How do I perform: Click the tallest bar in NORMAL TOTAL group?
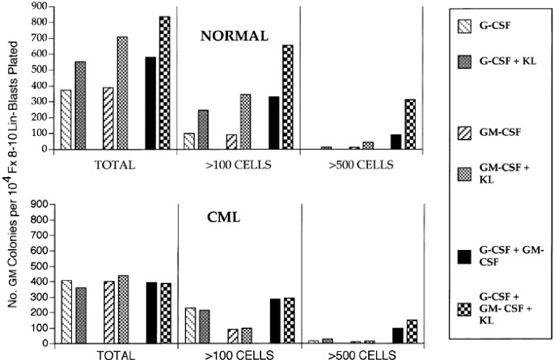[x=165, y=83]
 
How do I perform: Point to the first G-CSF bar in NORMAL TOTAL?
[x=66, y=119]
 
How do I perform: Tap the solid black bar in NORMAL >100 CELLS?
[x=274, y=122]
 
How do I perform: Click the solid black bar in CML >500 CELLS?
[x=397, y=335]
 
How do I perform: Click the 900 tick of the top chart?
[x=36, y=6]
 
